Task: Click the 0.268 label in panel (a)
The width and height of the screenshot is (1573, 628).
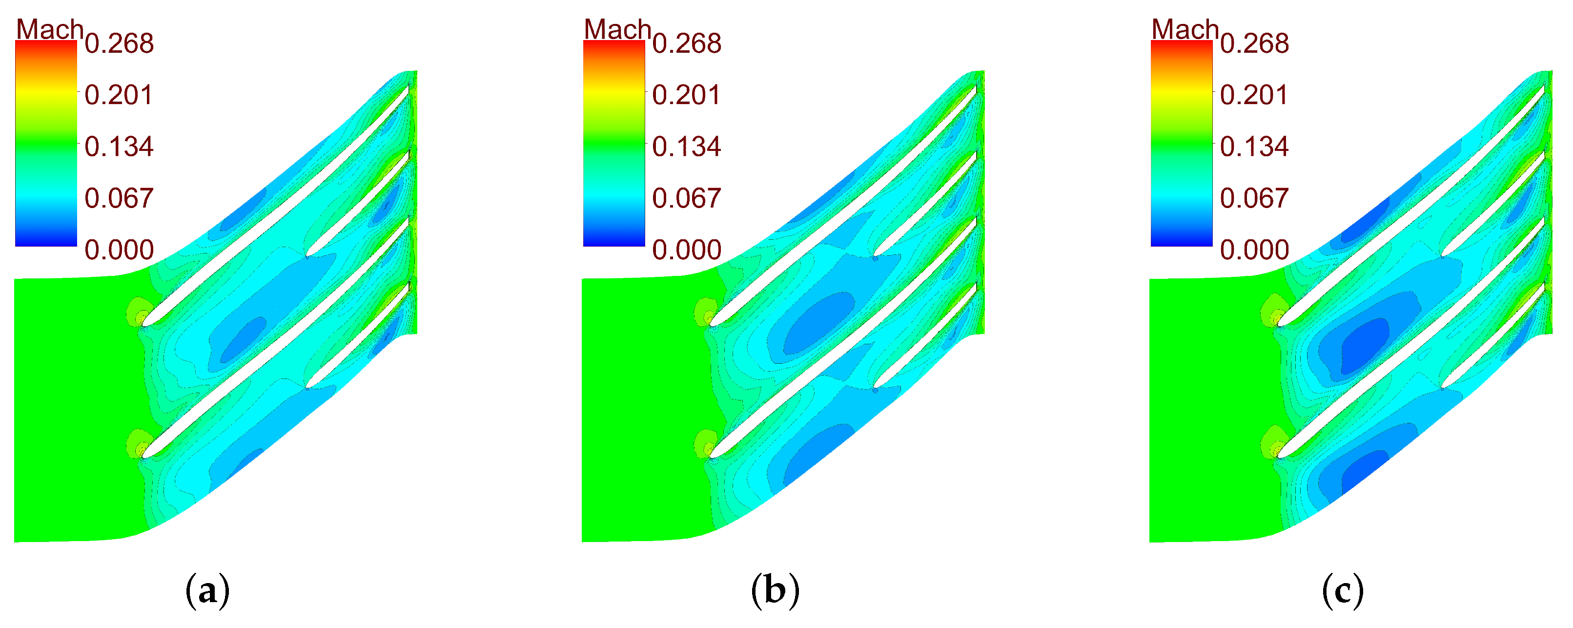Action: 119,43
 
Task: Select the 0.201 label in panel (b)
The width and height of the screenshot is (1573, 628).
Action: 686,95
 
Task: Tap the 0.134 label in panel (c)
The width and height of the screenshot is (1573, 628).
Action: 1254,147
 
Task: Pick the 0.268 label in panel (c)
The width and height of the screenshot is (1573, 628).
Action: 1254,43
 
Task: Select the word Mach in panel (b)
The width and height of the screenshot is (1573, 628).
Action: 617,29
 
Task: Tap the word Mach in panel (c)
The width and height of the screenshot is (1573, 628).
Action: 1185,29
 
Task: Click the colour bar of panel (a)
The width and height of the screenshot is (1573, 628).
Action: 46,144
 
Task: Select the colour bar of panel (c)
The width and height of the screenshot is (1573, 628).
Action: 1181,144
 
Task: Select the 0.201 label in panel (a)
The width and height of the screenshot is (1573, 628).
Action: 119,95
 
